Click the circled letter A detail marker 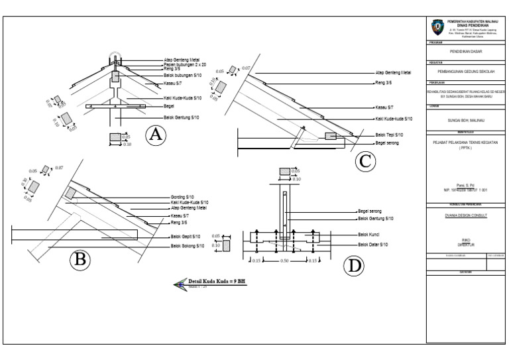point(155,135)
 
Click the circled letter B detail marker point(80,260)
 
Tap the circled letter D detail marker point(354,267)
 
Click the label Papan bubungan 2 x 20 point(185,64)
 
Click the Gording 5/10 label point(182,198)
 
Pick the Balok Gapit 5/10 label point(186,236)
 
